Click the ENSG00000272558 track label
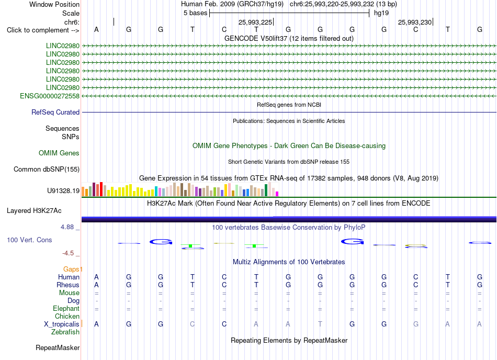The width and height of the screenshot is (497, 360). [x=50, y=96]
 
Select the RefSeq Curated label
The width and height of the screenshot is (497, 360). [x=55, y=112]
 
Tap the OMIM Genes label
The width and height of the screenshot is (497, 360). [x=59, y=153]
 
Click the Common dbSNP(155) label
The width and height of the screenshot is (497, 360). [x=47, y=169]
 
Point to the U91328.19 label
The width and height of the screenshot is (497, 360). [x=63, y=191]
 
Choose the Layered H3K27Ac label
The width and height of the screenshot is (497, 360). [x=34, y=211]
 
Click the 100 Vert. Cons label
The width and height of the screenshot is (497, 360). [x=29, y=240]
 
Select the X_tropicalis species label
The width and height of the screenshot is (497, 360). [x=62, y=324]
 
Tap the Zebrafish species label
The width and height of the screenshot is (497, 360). [x=65, y=332]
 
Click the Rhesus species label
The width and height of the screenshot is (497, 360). [x=68, y=285]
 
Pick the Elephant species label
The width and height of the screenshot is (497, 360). [x=66, y=308]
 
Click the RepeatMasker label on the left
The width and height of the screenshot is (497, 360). [x=58, y=347]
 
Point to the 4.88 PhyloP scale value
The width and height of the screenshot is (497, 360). [x=67, y=227]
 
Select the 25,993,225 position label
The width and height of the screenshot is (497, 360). [x=255, y=22]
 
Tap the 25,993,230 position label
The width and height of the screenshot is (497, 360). [x=415, y=22]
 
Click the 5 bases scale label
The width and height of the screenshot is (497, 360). [x=195, y=13]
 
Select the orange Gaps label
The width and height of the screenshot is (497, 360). [x=71, y=269]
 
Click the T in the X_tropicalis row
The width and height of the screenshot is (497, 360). [x=320, y=324]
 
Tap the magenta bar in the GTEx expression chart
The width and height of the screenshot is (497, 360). [x=277, y=194]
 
